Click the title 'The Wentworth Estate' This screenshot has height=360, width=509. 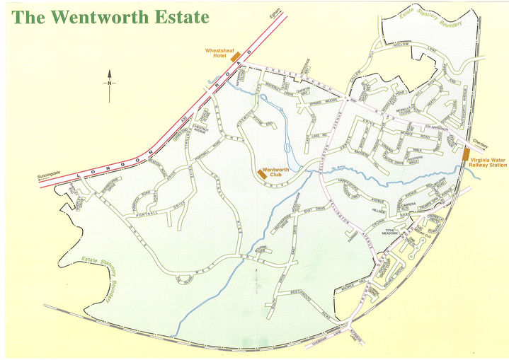(x=111, y=17)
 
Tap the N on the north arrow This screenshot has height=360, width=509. (x=110, y=83)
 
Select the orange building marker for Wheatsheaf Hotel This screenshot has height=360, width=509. (x=236, y=56)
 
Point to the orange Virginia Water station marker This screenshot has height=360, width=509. (x=466, y=153)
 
